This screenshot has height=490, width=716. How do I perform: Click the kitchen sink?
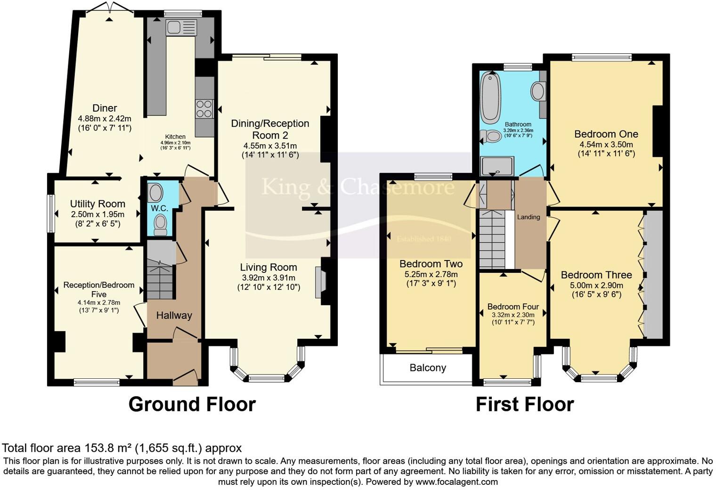pos(181,27)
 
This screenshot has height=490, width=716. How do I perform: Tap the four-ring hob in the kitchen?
pos(204,109)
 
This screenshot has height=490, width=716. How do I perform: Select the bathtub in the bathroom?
pos(491,98)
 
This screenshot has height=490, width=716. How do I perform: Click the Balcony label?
pos(428,368)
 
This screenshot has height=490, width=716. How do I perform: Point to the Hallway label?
pos(174,316)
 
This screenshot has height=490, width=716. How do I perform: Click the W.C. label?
pos(160,208)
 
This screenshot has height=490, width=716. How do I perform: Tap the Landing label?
pos(529,217)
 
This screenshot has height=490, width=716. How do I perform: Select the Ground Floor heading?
pos(192,404)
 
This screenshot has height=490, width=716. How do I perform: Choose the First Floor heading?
pos(525,404)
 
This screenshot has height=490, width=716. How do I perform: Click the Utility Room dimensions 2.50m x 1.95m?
pos(98,214)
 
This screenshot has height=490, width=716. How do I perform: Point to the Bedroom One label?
pos(606,134)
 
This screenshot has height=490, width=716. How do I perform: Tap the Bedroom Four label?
pos(513,307)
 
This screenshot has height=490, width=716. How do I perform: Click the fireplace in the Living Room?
pos(320,283)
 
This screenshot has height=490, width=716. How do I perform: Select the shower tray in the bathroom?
pos(497,166)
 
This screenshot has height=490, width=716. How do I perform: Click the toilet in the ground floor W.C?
pos(161,224)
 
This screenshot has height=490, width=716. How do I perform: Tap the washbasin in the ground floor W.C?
pos(155,193)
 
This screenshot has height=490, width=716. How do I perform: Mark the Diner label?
pos(105,108)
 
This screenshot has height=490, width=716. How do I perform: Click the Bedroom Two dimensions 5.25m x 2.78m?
pos(431,274)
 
